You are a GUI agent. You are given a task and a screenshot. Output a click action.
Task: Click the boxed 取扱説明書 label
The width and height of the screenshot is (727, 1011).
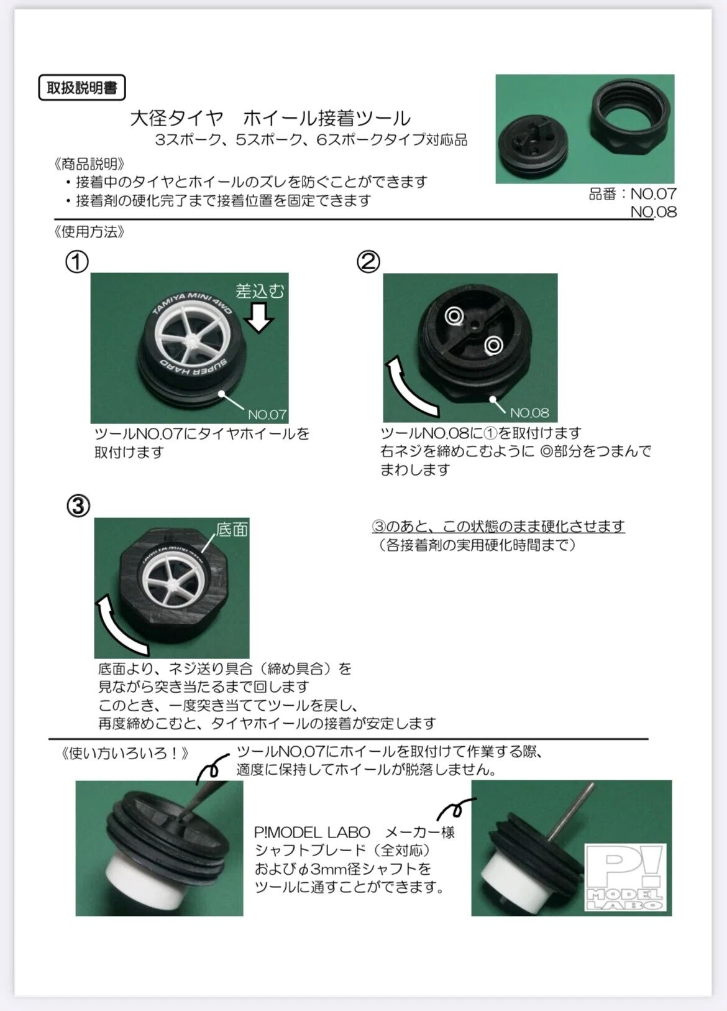[81, 88]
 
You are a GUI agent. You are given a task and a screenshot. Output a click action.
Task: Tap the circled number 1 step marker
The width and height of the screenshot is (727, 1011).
[77, 262]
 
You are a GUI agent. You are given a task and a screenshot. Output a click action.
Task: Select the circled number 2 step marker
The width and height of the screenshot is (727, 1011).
[368, 262]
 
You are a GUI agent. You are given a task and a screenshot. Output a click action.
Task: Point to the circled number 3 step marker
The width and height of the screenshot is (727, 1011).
[78, 506]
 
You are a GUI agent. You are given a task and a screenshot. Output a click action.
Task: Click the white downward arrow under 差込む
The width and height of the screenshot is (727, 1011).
[259, 317]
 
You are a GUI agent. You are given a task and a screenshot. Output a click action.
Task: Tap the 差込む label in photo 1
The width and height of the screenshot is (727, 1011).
[260, 292]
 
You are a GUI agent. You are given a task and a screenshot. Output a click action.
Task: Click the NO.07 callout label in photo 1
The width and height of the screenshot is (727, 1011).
[267, 414]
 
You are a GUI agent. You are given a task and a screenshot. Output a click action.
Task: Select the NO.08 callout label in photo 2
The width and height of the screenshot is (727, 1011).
[529, 412]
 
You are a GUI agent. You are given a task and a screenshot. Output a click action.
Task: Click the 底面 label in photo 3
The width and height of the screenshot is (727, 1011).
[232, 529]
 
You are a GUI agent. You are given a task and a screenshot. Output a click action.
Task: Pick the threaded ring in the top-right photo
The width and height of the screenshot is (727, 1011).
[630, 116]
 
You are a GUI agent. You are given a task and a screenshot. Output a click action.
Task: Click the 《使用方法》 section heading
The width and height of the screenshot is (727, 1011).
[89, 232]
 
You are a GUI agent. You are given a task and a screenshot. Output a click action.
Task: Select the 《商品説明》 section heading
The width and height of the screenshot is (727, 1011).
[89, 164]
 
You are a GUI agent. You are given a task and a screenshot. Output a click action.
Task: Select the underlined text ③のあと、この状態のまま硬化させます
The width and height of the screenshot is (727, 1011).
[498, 526]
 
